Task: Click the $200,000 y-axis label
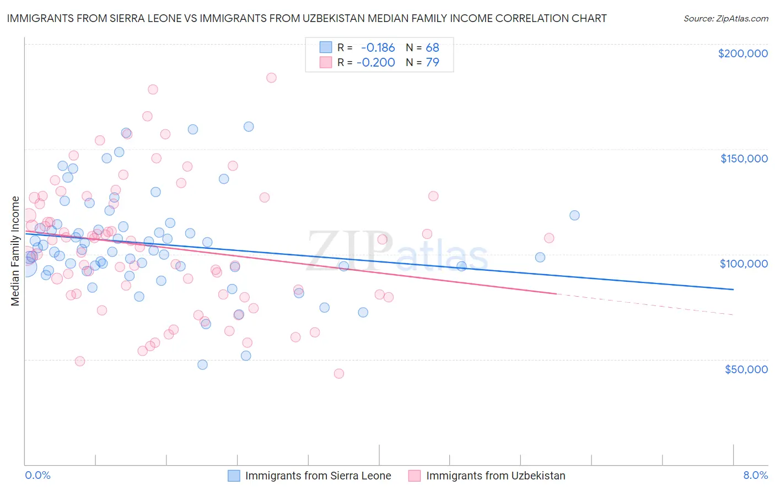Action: (x=742, y=53)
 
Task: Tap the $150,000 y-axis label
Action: (x=744, y=159)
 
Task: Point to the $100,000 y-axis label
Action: (x=744, y=264)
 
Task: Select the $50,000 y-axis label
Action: (x=746, y=369)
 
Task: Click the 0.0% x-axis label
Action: (x=37, y=475)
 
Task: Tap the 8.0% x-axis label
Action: (x=755, y=475)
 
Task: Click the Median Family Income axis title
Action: (x=15, y=250)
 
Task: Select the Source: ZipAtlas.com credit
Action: (x=725, y=19)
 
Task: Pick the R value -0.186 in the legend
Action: (x=378, y=48)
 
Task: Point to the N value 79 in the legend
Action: (x=432, y=62)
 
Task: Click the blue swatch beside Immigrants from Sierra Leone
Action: (x=234, y=476)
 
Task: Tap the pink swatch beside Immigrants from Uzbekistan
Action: (x=415, y=476)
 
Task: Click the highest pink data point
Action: (x=271, y=78)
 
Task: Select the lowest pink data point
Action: (x=339, y=374)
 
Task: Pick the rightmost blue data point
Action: (x=574, y=215)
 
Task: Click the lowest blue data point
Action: (x=202, y=364)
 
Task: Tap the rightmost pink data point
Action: (x=549, y=238)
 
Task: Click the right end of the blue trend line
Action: (x=733, y=289)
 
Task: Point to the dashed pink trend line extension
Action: (x=645, y=304)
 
